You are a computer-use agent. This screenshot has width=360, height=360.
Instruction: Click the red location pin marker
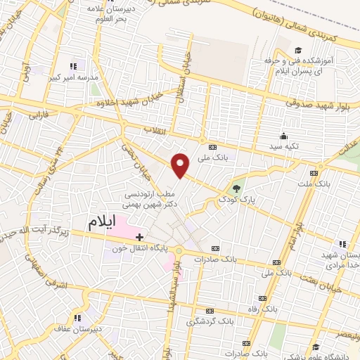point(181,165)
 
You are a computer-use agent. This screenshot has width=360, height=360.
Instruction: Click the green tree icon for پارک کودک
point(236,188)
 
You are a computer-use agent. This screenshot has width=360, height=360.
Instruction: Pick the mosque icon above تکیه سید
point(283,136)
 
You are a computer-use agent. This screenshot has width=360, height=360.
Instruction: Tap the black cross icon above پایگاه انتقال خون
point(139,236)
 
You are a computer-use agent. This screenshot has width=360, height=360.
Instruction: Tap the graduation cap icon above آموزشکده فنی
point(298,50)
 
